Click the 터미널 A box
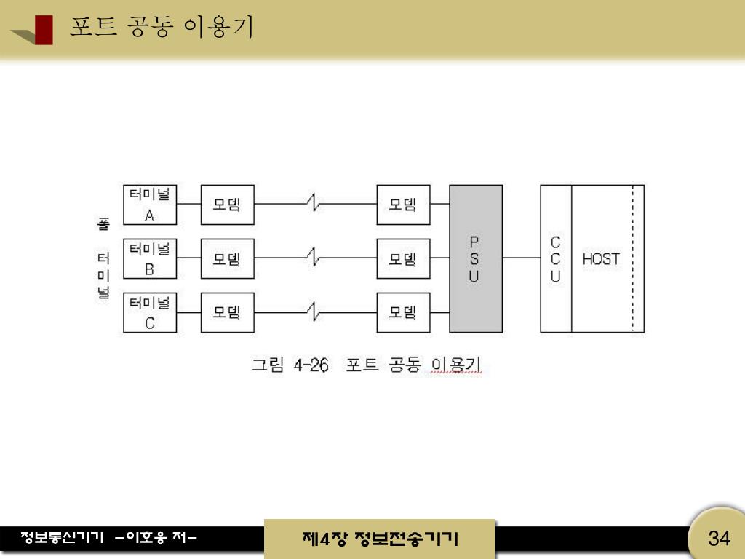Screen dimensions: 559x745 (x=150, y=205)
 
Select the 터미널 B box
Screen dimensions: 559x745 (x=150, y=258)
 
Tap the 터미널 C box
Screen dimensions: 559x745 (x=150, y=312)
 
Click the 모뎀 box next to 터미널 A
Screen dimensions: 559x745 (x=228, y=205)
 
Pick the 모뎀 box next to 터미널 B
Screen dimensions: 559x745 (x=228, y=258)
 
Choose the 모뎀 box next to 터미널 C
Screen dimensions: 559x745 (x=228, y=312)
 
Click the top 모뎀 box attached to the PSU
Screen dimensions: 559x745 (x=403, y=205)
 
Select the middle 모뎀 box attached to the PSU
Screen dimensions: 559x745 (x=403, y=258)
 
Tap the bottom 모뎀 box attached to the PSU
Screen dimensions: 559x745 (x=403, y=312)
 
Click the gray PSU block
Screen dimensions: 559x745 (x=476, y=258)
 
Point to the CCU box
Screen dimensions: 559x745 (x=556, y=258)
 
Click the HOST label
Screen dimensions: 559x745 (x=601, y=258)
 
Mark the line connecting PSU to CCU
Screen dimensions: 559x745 (x=521, y=258)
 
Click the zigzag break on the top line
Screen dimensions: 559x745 (x=314, y=204)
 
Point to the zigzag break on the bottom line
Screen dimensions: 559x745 (x=314, y=312)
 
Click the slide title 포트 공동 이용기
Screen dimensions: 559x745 (x=162, y=27)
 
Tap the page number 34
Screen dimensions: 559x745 (x=719, y=539)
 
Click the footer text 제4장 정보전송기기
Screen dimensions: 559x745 (x=379, y=539)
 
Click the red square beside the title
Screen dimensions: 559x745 (x=44, y=29)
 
